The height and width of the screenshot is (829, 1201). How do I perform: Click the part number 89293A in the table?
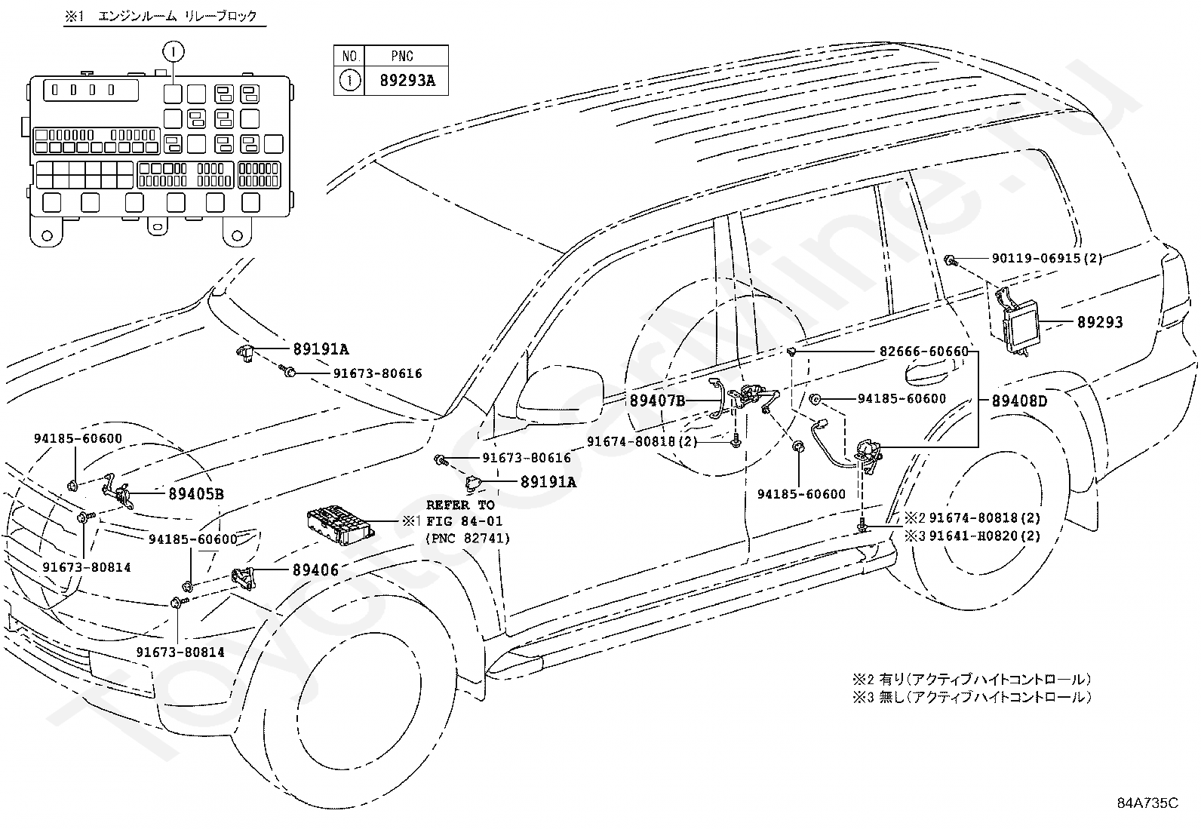(x=407, y=81)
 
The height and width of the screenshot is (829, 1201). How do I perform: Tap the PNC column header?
(x=402, y=56)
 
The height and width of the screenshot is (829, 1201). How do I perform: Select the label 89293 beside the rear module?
(x=1100, y=322)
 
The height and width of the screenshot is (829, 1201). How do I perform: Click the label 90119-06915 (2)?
(x=1047, y=259)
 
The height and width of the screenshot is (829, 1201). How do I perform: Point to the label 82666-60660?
(x=924, y=352)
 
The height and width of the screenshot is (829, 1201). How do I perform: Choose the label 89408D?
(x=1019, y=401)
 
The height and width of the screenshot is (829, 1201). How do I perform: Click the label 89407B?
(x=657, y=400)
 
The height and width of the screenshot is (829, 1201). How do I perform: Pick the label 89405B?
(x=196, y=494)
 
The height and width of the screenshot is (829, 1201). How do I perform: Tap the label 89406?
(x=315, y=570)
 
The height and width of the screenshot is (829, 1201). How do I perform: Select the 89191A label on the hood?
(x=321, y=349)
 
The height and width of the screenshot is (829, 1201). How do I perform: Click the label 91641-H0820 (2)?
(x=984, y=536)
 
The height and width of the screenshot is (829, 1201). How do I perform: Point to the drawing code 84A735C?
(x=1147, y=803)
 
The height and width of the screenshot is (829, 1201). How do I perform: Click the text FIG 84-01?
(x=464, y=520)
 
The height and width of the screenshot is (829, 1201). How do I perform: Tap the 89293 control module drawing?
(x=1017, y=324)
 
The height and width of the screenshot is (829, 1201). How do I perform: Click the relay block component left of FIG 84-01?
(x=341, y=525)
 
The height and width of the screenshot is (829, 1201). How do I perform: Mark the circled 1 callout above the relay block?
(x=174, y=52)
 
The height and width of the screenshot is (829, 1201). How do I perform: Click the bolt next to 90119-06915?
(x=951, y=260)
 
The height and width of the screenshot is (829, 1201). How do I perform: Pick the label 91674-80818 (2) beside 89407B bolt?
(x=642, y=442)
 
